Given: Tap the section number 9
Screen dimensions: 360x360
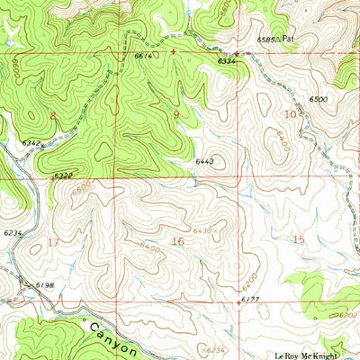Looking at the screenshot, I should pos(176,115).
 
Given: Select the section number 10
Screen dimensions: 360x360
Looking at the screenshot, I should pos(290,115).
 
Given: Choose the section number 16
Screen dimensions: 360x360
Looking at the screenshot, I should pos(177,241).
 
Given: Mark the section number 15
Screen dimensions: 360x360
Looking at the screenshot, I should pos(299,238).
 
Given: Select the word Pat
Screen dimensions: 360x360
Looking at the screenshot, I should pos(288,40).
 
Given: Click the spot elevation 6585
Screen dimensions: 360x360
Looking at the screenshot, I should pos(267,40).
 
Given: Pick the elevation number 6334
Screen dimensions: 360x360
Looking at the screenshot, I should pos(228,60).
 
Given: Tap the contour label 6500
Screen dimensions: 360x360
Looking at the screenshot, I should pos(317,98).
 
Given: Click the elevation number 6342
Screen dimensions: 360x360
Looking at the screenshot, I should pos(30,143).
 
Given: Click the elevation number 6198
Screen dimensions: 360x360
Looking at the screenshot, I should pos(46,285).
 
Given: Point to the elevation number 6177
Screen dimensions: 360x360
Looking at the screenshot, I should pos(251,296).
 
